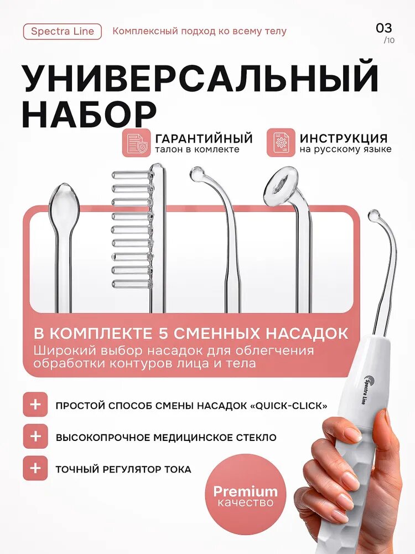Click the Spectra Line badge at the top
click(63, 32)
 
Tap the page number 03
click(384, 28)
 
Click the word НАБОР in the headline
click(89, 115)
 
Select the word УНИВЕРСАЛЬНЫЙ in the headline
click(200, 77)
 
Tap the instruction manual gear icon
click(281, 143)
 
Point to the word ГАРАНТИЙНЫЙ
click(204, 138)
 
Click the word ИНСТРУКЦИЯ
click(344, 138)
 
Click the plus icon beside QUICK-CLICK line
click(35, 404)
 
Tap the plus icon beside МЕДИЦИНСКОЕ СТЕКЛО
click(35, 437)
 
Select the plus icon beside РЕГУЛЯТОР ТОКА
click(35, 468)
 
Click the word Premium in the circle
click(245, 491)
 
